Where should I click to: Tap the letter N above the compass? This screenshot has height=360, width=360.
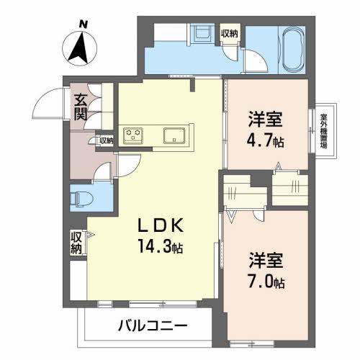[84, 24]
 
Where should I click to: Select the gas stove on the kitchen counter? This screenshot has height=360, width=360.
[133, 135]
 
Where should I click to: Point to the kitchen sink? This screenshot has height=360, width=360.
[175, 135]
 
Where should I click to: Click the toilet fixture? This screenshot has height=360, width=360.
[81, 197]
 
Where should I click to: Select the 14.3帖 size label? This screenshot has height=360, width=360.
[161, 248]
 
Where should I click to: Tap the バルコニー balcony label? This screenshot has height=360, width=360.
[153, 325]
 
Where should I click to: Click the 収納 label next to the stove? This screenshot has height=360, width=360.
[106, 140]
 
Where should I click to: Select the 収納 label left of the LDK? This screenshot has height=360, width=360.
[76, 241]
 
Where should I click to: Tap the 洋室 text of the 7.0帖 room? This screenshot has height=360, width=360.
[266, 258]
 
